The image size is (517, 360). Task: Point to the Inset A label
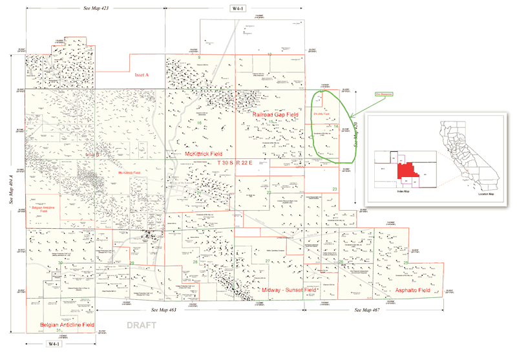click(x=142, y=75)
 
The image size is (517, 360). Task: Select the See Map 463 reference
click(x=164, y=311)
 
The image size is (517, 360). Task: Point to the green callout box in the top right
click(x=366, y=94)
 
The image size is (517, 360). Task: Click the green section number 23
click(x=335, y=189)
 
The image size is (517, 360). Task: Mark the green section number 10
click(x=269, y=56)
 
